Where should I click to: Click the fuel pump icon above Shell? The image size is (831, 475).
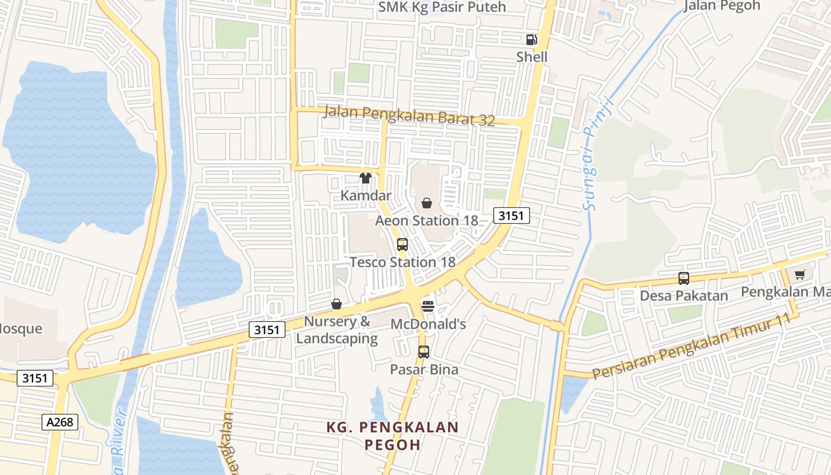click(x=531, y=40)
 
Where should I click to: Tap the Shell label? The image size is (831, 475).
click(x=531, y=57)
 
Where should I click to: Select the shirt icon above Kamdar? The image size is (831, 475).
click(x=366, y=178)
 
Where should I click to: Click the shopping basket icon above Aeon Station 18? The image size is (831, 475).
click(x=426, y=204)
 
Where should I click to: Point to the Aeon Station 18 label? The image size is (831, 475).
click(x=426, y=221)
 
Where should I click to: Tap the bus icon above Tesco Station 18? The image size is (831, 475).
click(x=402, y=244)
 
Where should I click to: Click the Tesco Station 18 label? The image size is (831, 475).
click(x=402, y=262)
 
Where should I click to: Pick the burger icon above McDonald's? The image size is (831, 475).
click(x=428, y=306)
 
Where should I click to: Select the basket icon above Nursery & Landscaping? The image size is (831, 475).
click(x=337, y=305)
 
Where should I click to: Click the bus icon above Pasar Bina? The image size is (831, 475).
click(x=423, y=351)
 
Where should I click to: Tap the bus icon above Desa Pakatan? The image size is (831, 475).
click(x=683, y=278)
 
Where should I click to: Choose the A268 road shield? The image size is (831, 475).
click(x=60, y=422)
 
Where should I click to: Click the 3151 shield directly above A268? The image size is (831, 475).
click(x=35, y=378)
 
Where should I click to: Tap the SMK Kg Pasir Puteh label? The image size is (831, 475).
click(x=442, y=7)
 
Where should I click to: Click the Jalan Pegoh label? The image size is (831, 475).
click(x=722, y=6)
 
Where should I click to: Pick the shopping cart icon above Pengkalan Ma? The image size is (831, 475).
click(x=800, y=274)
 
